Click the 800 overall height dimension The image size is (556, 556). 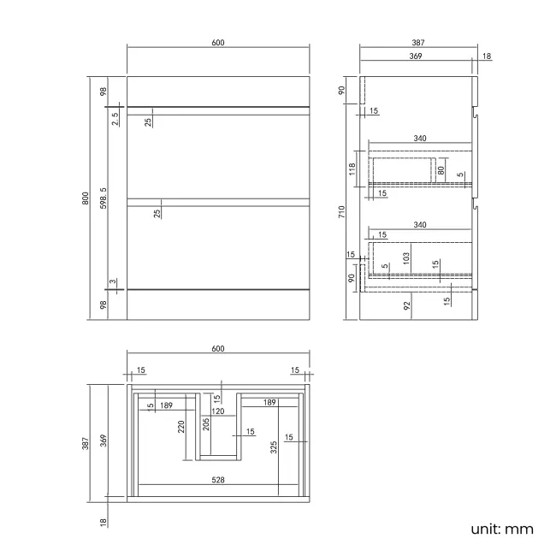tap(85, 198)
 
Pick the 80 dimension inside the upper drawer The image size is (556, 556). tap(441, 169)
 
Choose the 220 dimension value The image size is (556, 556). tap(181, 426)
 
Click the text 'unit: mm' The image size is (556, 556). tap(501, 529)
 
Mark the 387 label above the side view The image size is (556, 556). tap(418, 43)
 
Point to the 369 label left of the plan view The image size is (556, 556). tap(104, 440)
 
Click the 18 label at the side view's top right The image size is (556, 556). tap(486, 56)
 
